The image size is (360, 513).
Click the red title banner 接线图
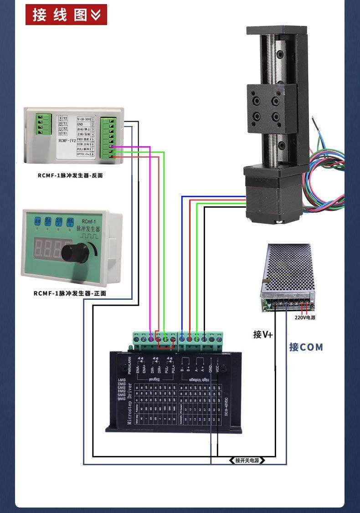coord(66,15)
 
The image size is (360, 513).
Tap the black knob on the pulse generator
coord(75,251)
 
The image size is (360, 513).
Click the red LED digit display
coord(48,249)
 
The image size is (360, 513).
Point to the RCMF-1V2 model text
coord(68,141)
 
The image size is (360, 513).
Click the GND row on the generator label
coord(82,124)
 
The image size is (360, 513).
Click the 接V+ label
coord(263,334)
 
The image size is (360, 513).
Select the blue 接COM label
coord(306,347)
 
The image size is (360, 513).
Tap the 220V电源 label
coord(304,318)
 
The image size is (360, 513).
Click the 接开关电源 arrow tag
coord(247,460)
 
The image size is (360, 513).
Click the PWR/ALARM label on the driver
coord(130,364)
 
